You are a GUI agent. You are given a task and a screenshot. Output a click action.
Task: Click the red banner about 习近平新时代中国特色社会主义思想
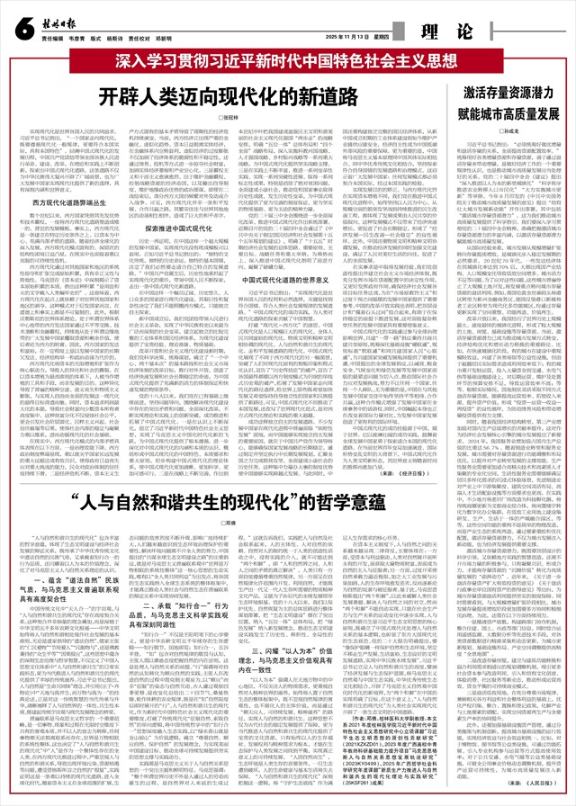click(288, 64)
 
